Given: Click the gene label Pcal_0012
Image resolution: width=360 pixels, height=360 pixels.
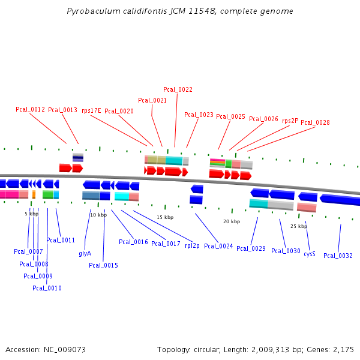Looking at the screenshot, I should point(30,109).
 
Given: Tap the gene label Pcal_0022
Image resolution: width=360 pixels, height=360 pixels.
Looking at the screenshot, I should point(178,89).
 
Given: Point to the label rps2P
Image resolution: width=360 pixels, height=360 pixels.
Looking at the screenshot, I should point(290,121).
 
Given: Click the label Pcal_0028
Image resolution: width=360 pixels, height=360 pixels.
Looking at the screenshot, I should point(315,122).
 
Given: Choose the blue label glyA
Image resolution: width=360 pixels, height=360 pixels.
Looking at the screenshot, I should point(85,254).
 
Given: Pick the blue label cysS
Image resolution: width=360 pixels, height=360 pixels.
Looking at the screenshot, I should point(309,254).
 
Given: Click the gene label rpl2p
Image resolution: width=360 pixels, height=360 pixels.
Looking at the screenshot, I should point(192,245).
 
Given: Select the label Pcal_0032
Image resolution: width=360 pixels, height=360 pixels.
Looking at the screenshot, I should point(338,256).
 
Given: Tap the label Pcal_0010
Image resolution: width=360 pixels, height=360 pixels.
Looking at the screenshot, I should point(47,288).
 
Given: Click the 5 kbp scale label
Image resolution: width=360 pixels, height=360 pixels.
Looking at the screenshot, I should point(31,214).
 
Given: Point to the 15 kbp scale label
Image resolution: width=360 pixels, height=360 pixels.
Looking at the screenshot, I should point(164,217).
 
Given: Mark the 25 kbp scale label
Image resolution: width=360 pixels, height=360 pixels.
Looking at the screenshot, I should point(298,226).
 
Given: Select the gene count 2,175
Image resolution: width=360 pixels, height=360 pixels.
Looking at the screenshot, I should point(344,349).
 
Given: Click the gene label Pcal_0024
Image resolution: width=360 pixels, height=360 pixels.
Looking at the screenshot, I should point(218,246).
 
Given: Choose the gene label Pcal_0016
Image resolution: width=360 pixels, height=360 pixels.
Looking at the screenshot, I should point(133,242).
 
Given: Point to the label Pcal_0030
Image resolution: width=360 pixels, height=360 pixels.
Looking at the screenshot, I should point(286,251).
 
